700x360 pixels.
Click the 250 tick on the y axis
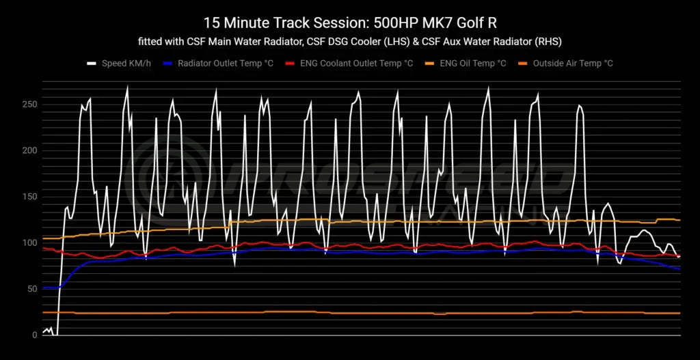click(x=29, y=105)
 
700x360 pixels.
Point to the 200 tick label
click(x=29, y=150)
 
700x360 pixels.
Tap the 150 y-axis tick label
click(x=29, y=197)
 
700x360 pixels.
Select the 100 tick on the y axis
click(x=29, y=243)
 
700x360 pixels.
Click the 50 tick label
click(x=31, y=289)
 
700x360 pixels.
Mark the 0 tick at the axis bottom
click(x=35, y=335)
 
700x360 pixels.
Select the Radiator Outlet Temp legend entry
click(x=219, y=64)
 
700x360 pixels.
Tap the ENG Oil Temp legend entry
click(x=472, y=64)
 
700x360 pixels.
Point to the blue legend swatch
click(x=168, y=64)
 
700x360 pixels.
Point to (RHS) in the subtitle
click(x=547, y=42)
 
